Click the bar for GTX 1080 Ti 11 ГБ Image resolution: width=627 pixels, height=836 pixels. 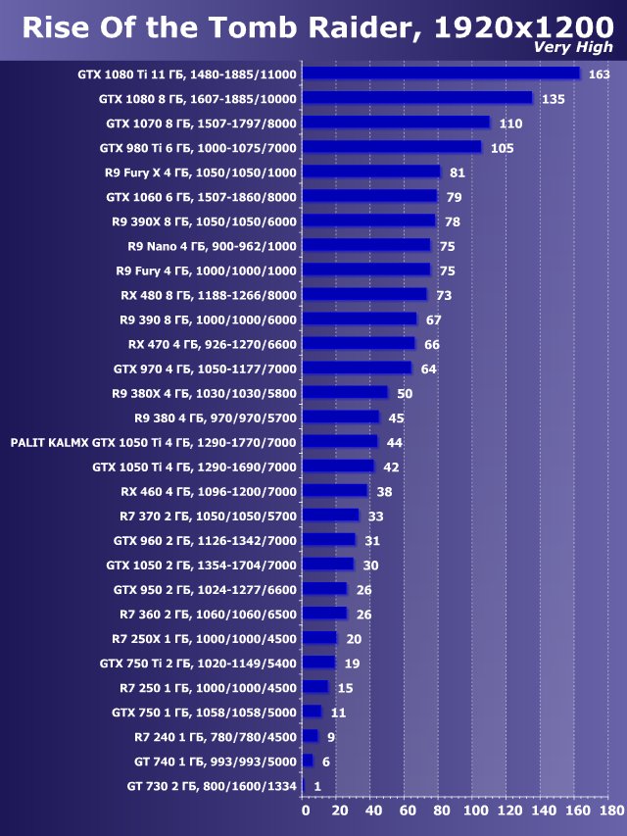coord(441,74)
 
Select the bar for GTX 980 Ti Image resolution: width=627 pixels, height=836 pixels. coord(391,147)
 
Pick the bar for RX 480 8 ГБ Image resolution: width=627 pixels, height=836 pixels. coord(363,294)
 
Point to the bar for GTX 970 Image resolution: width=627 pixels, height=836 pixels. coord(357,368)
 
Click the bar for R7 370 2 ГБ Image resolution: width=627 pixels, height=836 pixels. coord(330,515)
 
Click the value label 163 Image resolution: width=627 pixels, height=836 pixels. coord(599,74)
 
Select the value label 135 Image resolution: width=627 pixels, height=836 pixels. coord(553,99)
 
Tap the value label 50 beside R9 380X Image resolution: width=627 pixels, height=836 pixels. coord(405,393)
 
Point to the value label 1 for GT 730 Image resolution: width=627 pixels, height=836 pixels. coord(316,785)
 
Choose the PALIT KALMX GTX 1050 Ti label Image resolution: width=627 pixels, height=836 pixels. coord(153,441)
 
